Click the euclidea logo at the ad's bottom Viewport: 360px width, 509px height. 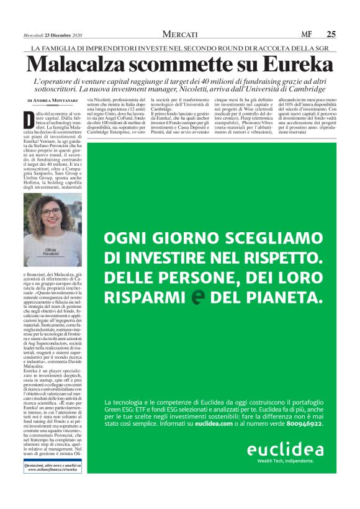point(285,449)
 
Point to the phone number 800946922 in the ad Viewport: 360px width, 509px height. point(300,406)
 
